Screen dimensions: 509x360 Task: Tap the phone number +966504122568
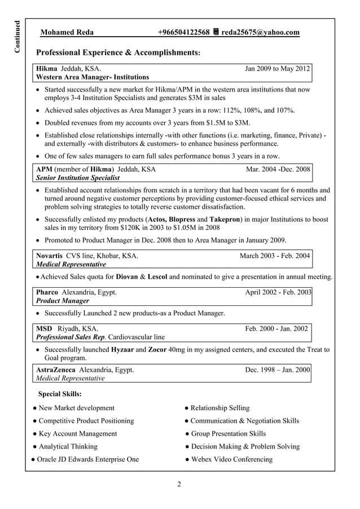(x=183, y=32)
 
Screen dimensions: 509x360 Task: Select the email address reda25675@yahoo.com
(x=260, y=32)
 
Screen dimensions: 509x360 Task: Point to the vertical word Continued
(x=17, y=37)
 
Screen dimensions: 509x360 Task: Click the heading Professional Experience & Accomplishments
(x=117, y=53)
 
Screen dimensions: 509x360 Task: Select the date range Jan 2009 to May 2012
(x=277, y=69)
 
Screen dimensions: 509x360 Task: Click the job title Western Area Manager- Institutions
(x=93, y=77)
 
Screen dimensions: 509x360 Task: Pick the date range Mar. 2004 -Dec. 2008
(x=278, y=169)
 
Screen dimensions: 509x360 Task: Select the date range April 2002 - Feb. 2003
(x=278, y=292)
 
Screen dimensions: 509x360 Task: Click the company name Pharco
(x=47, y=292)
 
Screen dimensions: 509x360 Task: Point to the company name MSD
(x=44, y=328)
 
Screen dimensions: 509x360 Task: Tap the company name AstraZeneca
(x=57, y=370)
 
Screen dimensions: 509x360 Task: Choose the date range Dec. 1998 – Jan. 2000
(x=278, y=370)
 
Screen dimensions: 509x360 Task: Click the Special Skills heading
(x=59, y=393)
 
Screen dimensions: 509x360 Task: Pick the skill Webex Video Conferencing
(x=231, y=459)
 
